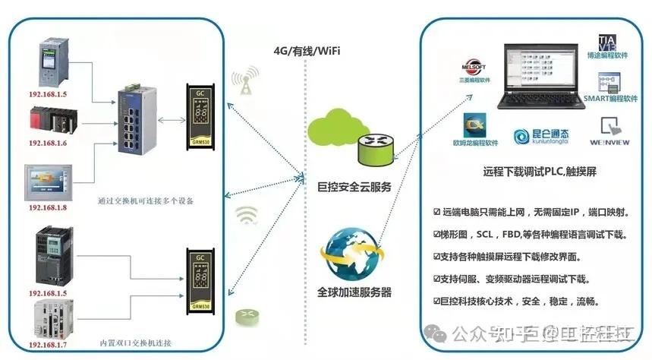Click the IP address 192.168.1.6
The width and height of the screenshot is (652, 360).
(47, 143)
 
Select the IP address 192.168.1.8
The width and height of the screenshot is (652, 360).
(47, 207)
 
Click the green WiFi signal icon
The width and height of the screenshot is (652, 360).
(245, 216)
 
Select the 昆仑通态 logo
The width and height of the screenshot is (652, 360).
(542, 136)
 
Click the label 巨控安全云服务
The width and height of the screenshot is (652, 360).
(354, 185)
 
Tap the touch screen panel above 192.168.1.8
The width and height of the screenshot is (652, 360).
(51, 181)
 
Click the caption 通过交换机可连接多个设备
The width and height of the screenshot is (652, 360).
(145, 202)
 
